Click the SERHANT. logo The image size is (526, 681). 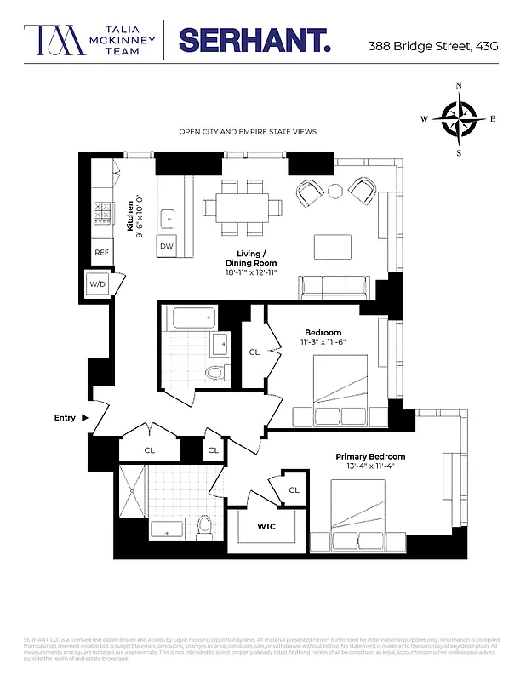(x=253, y=39)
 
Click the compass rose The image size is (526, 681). (x=460, y=119)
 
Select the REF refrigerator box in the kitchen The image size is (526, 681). (x=102, y=253)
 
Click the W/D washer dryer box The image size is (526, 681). (x=96, y=284)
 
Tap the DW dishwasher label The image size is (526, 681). (x=167, y=247)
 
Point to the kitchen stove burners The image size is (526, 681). (x=102, y=211)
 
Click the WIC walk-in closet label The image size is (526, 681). (x=266, y=527)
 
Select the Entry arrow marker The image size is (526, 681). (x=83, y=418)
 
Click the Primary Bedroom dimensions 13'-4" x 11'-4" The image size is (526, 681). (x=369, y=467)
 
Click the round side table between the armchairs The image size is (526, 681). (x=336, y=190)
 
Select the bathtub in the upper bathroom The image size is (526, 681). (x=192, y=320)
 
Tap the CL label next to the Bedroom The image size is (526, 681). (x=254, y=352)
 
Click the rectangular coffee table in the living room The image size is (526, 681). (x=332, y=247)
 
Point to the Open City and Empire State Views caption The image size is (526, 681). (x=247, y=132)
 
